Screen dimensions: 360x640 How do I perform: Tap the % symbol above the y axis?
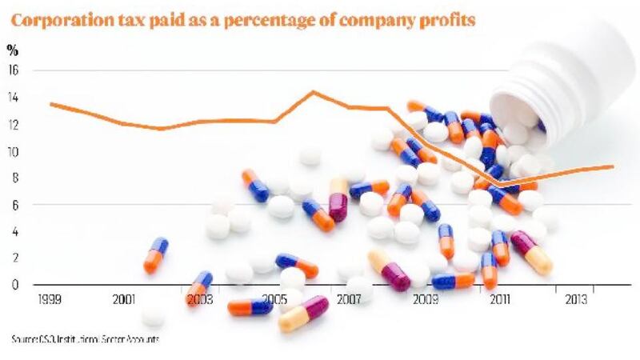(x=12, y=49)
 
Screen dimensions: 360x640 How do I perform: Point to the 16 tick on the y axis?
(x=14, y=70)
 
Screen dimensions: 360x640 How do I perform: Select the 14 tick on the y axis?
(x=14, y=98)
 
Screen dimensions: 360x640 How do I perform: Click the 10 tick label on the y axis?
(x=14, y=151)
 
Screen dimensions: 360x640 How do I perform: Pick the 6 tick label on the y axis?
(x=15, y=205)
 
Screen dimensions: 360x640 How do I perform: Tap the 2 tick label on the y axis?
(x=15, y=258)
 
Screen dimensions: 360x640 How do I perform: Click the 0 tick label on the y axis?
(x=15, y=284)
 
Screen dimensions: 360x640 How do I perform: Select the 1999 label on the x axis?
(x=50, y=300)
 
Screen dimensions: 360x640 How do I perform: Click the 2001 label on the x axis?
(x=125, y=300)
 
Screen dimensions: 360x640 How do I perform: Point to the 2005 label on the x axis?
(x=274, y=300)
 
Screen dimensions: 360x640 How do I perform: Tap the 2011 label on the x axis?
(x=499, y=300)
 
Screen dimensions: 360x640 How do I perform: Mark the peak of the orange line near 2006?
(x=312, y=91)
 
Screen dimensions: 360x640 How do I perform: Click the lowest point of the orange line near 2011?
(x=500, y=186)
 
